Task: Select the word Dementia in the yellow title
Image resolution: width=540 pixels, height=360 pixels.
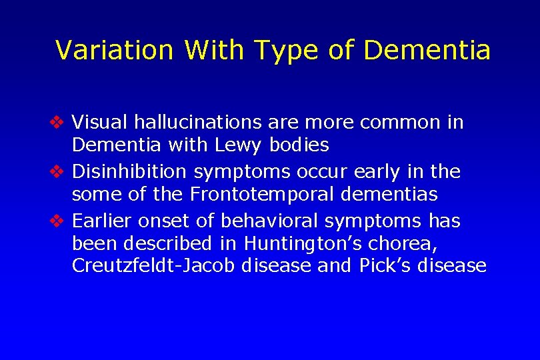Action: [428, 49]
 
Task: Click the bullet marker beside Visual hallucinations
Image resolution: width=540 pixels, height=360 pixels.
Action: [58, 123]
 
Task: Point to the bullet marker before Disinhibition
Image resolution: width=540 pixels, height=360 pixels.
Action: [58, 172]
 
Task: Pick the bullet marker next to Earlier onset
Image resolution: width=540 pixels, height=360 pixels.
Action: [58, 221]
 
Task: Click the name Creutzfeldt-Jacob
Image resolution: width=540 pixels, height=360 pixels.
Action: [153, 265]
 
